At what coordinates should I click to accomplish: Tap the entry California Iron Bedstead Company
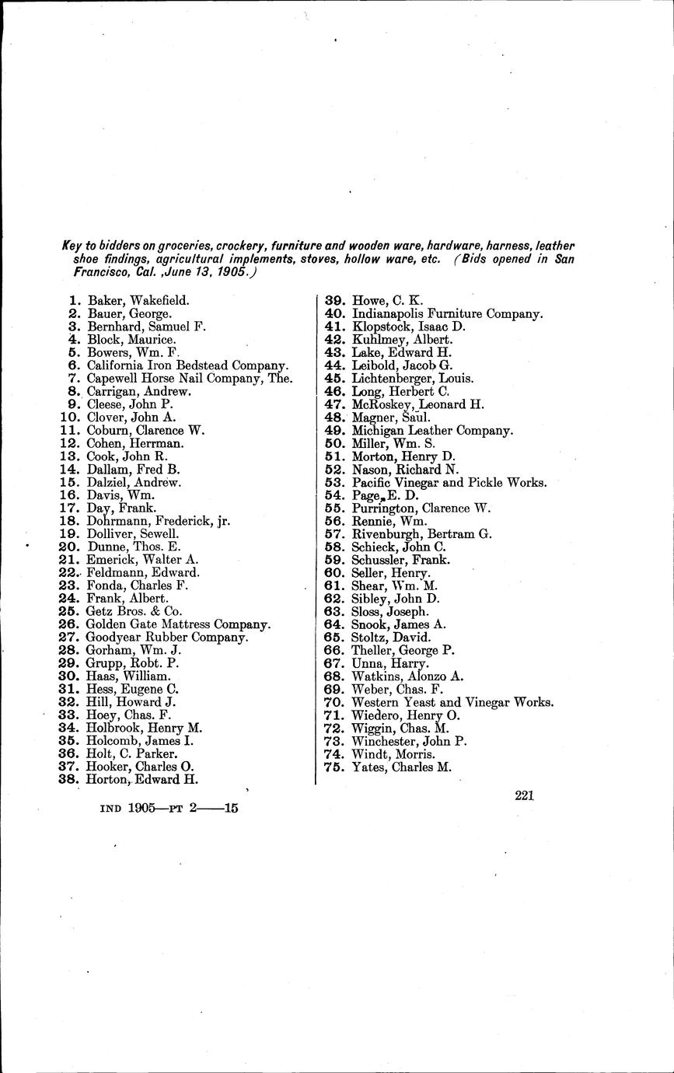coord(187,365)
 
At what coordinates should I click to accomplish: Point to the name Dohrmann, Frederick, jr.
coord(159,521)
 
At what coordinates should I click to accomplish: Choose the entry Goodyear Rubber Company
coord(167,638)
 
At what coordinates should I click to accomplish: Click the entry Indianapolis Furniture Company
coord(447,313)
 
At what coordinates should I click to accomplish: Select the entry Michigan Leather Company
coord(432,430)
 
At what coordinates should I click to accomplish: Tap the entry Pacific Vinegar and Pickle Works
coord(449,482)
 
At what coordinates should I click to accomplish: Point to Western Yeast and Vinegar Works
coord(452,702)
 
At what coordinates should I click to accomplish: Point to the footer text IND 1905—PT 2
coord(155,808)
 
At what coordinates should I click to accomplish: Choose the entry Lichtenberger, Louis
coord(413,378)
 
